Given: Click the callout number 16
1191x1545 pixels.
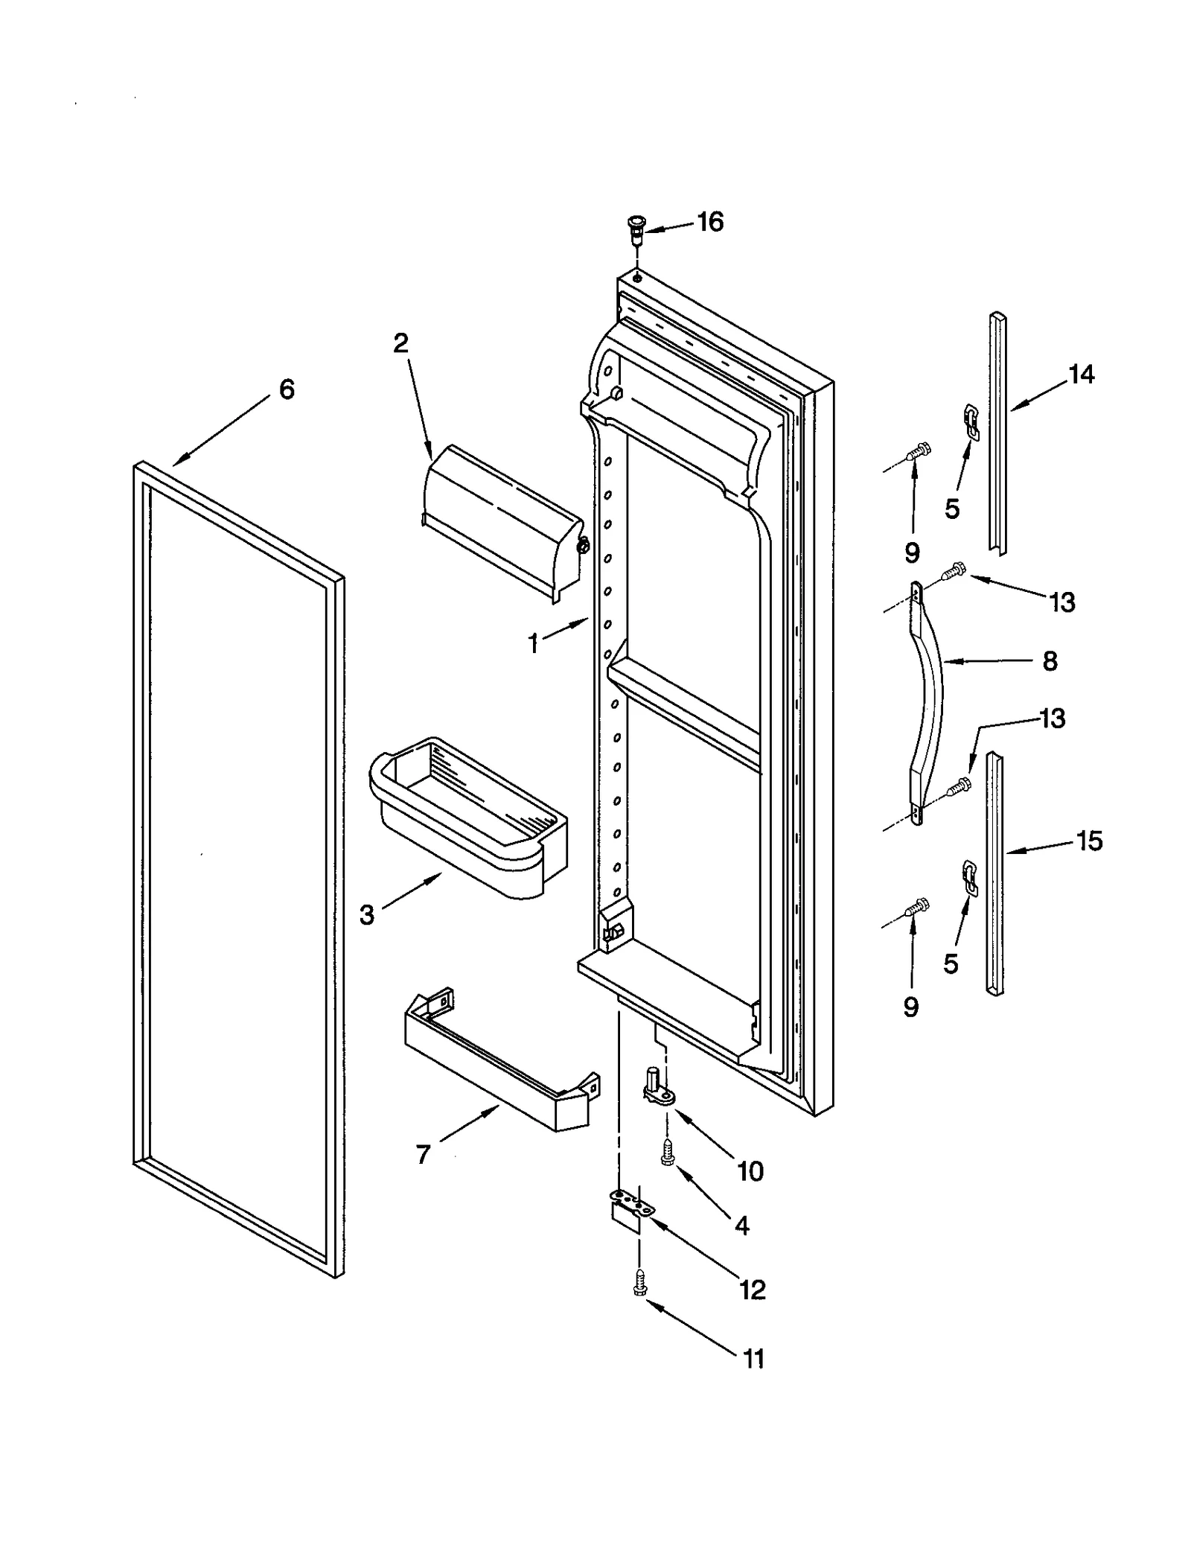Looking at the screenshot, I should [710, 222].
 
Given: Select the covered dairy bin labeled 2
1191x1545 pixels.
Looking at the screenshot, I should [501, 521].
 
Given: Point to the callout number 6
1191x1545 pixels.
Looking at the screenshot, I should [287, 389].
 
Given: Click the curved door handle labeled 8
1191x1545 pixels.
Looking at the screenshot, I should [927, 698].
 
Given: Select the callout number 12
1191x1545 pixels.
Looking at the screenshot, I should [753, 1289].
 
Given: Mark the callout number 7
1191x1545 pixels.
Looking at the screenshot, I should [423, 1154].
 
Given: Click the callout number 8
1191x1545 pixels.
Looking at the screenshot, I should [1050, 660].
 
